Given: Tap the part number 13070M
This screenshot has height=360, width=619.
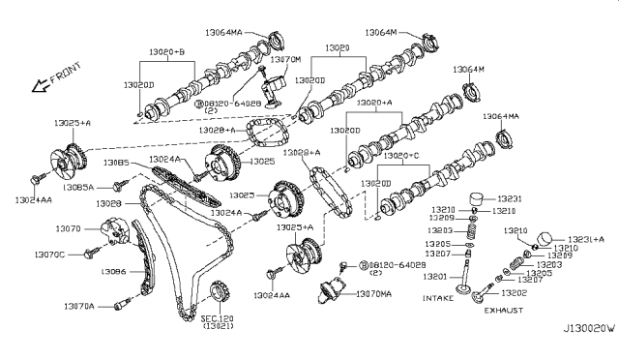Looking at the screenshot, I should coord(286,59).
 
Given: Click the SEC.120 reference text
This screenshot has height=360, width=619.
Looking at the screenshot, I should coord(218,317).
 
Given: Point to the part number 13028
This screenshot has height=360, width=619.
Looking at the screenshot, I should coord(108,205).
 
